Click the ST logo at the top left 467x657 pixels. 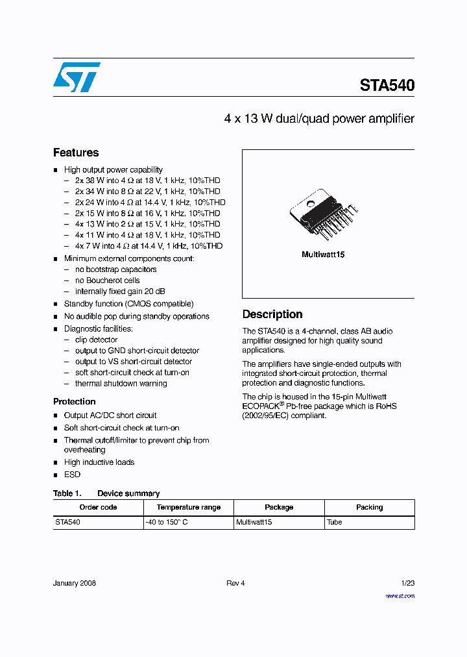point(77,77)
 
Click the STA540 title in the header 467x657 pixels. point(387,85)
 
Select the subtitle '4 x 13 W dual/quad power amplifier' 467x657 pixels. point(318,119)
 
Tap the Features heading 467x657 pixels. point(76,153)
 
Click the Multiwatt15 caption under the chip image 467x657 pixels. point(323,254)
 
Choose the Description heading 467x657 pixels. point(272,314)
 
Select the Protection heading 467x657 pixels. point(74,401)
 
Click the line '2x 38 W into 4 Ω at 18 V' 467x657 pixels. point(147,180)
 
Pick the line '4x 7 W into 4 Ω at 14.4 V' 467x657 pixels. point(149,246)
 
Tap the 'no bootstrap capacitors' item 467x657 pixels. point(115,269)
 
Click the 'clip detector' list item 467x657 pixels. point(96,340)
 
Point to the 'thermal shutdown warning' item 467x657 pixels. point(121,383)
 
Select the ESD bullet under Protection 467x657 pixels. point(72,475)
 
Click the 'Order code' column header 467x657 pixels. point(98,507)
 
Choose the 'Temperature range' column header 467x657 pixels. point(189,507)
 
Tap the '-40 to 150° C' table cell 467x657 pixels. point(167,522)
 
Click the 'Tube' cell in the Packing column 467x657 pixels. point(335,522)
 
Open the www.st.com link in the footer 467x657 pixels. point(400,595)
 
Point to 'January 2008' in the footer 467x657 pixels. point(75,583)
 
